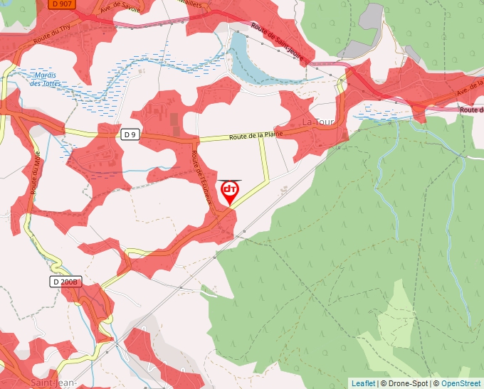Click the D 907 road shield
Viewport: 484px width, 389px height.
62,4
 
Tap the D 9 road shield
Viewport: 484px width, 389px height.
129,134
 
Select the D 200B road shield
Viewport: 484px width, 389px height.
66,282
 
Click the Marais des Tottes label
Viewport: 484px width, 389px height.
46,79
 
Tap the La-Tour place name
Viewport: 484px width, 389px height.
318,122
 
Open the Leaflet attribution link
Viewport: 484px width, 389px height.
363,383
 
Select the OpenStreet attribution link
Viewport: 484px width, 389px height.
461,383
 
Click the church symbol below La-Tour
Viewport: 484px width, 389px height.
344,135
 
